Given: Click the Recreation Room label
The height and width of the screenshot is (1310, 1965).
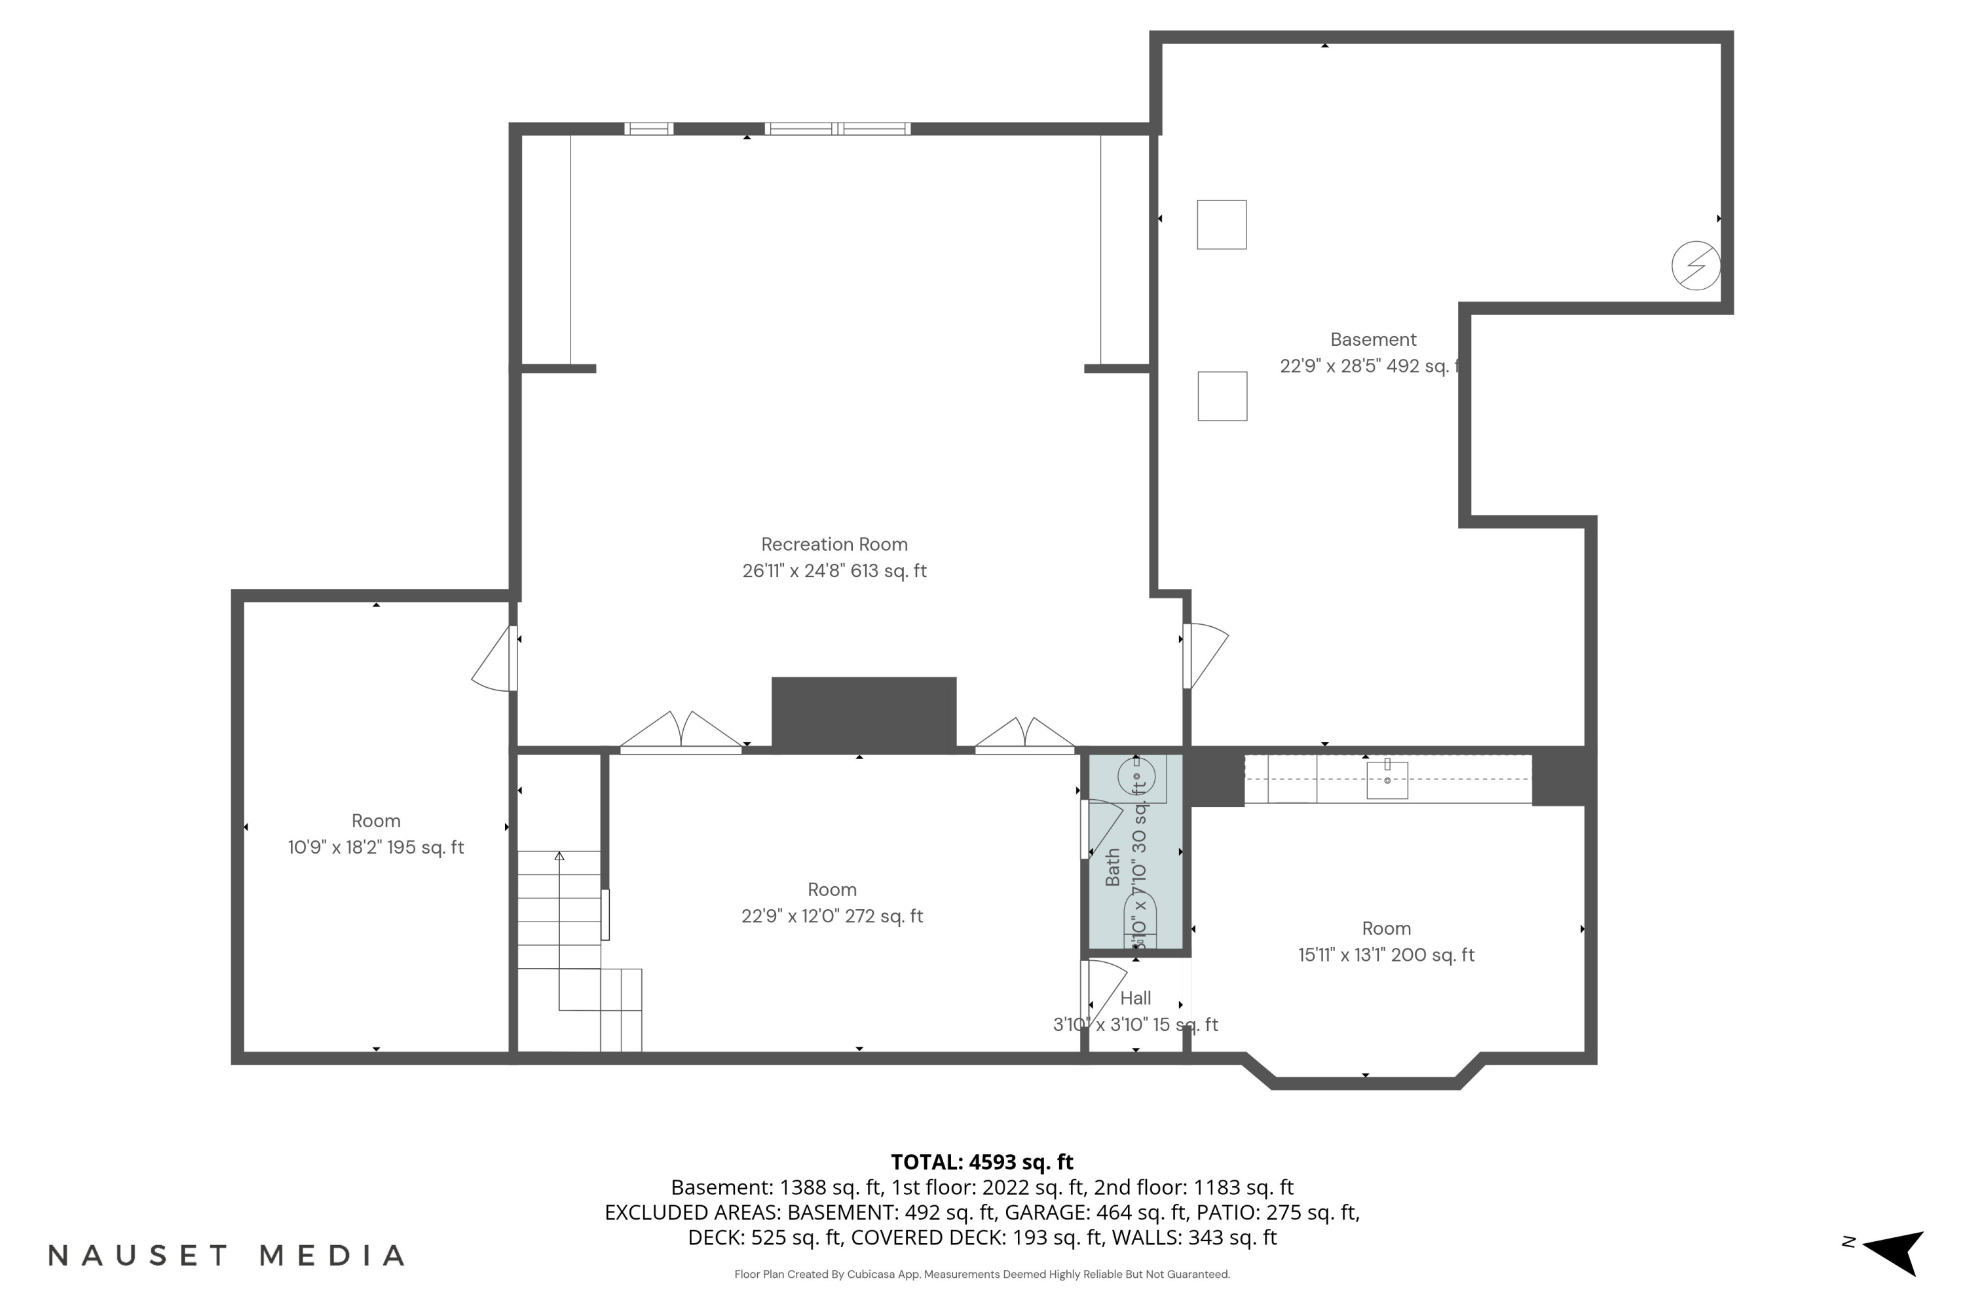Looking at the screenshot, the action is click(x=834, y=545).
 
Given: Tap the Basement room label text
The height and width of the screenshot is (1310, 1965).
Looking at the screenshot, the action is click(x=1373, y=340).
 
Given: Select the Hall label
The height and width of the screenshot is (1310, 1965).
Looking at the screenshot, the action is click(x=1135, y=998).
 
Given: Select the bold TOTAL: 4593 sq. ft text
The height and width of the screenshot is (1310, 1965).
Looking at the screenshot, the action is click(x=982, y=1162).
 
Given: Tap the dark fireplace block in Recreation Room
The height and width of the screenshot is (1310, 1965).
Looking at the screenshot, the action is click(x=863, y=713).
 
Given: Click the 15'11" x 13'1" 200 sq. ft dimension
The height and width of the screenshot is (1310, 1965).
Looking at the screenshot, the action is click(x=1386, y=955).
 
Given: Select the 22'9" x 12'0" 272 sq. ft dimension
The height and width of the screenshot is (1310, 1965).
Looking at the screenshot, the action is click(x=832, y=916).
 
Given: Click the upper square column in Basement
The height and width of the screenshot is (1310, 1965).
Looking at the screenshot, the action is click(x=1222, y=225).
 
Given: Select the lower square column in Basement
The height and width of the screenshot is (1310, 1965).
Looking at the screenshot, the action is click(x=1222, y=396).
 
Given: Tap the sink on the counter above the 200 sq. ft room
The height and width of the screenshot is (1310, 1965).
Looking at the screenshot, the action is click(x=1387, y=779).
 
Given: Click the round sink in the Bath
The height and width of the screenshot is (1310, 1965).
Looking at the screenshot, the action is click(x=1136, y=777).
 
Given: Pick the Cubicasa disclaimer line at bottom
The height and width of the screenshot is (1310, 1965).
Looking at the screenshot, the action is click(x=982, y=1275).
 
